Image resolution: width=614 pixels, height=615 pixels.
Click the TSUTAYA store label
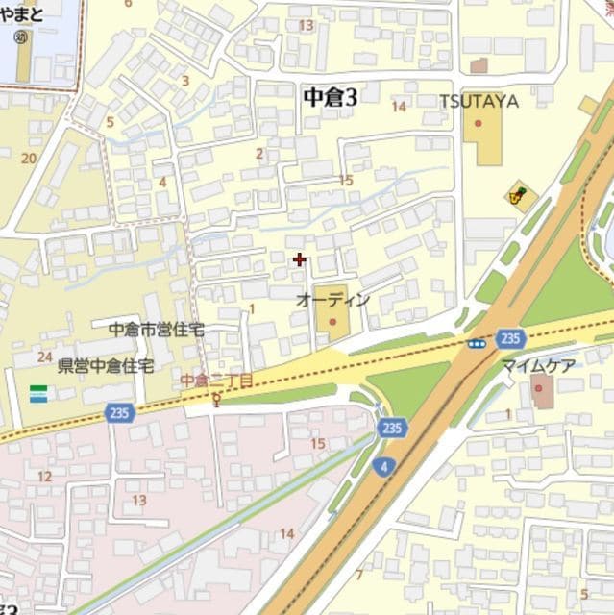click(479, 101)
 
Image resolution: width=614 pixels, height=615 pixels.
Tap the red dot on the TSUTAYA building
click(478, 123)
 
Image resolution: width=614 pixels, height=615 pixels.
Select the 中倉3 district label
click(330, 96)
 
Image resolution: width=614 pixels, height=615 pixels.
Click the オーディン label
click(333, 300)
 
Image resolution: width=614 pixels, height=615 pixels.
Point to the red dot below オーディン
click(333, 321)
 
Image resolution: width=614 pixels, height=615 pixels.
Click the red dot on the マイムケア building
click(538, 387)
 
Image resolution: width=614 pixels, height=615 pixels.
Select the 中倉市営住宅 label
click(157, 329)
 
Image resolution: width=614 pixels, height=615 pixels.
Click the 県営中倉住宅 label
click(106, 365)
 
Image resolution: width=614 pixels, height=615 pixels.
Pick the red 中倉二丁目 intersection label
click(216, 381)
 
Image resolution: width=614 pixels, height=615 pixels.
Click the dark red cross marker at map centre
click(300, 259)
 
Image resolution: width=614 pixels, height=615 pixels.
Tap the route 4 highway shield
click(384, 467)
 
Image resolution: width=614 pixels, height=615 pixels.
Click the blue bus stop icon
click(477, 343)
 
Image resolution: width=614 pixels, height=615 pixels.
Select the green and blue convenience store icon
click(38, 394)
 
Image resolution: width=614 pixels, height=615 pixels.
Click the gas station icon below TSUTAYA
click(519, 196)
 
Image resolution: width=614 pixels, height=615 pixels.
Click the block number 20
click(29, 158)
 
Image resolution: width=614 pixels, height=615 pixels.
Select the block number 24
click(44, 357)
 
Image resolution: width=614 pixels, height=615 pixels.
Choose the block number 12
click(44, 476)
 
